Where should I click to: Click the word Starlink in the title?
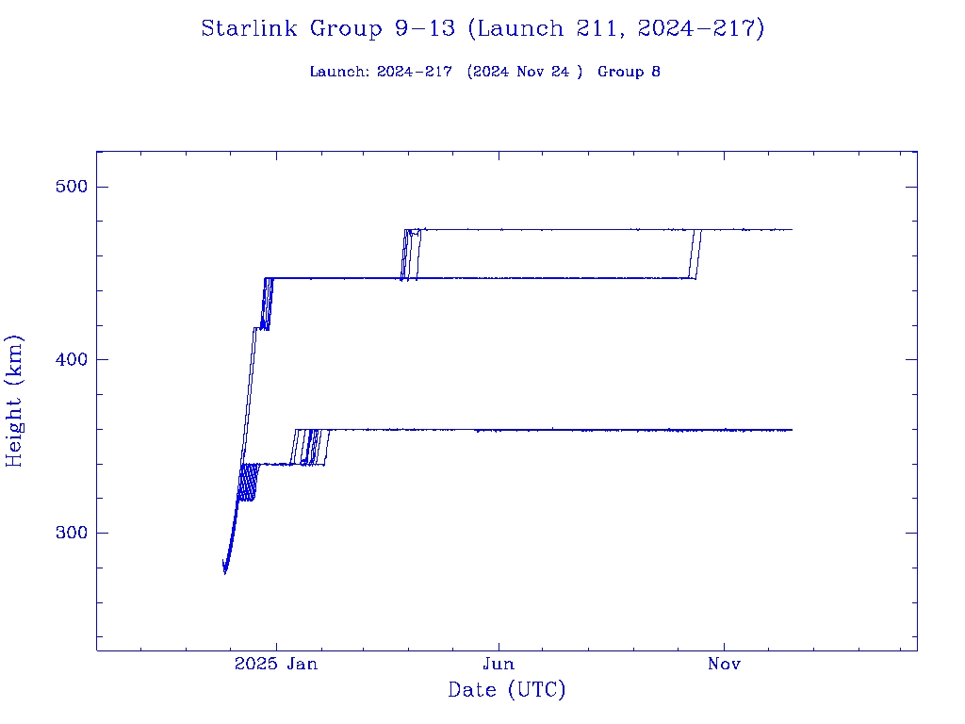(x=251, y=29)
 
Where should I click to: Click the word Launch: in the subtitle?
(x=340, y=72)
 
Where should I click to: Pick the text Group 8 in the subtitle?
(x=629, y=72)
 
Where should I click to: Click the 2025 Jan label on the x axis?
(x=275, y=665)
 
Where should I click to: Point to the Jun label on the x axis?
(x=499, y=665)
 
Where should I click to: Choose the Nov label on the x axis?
(x=724, y=665)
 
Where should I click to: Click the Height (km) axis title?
(x=15, y=401)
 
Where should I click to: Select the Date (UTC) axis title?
(x=507, y=691)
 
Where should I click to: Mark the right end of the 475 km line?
(x=792, y=229)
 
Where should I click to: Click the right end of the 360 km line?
(x=792, y=430)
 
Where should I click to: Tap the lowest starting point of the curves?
(x=224, y=571)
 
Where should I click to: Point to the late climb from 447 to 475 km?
(x=696, y=255)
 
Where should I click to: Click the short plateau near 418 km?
(x=257, y=327)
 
